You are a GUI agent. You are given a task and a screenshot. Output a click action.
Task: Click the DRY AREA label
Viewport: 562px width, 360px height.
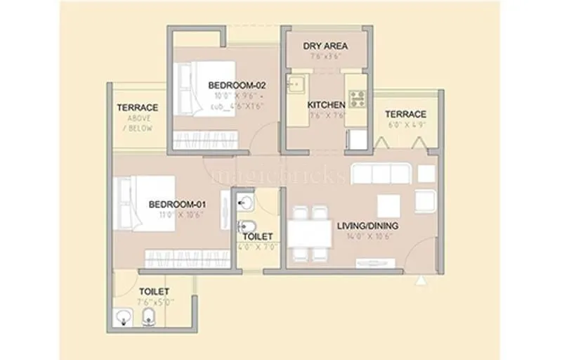(x=325, y=46)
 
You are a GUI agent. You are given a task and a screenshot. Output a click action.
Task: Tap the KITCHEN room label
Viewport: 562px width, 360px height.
(x=327, y=105)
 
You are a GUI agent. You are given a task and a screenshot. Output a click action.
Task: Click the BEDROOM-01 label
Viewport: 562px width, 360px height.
(x=176, y=205)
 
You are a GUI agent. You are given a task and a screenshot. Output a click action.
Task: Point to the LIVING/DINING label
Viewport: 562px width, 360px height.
(x=367, y=226)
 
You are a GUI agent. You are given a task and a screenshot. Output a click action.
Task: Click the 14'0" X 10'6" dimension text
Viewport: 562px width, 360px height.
(x=367, y=237)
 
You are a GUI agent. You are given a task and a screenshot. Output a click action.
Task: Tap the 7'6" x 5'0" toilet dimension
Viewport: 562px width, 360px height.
(x=157, y=301)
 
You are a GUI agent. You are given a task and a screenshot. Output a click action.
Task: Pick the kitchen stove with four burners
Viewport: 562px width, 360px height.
(x=358, y=98)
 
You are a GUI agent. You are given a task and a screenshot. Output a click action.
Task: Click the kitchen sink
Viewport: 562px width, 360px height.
(x=296, y=84)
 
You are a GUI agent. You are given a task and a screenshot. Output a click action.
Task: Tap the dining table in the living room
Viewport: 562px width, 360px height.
(x=309, y=233)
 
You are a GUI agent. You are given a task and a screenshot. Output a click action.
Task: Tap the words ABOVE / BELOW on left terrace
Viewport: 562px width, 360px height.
(x=137, y=124)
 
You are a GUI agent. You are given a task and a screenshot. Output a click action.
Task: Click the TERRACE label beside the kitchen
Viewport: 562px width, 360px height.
(x=405, y=114)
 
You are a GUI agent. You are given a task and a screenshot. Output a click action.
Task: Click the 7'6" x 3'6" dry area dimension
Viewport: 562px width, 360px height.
(x=325, y=57)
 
